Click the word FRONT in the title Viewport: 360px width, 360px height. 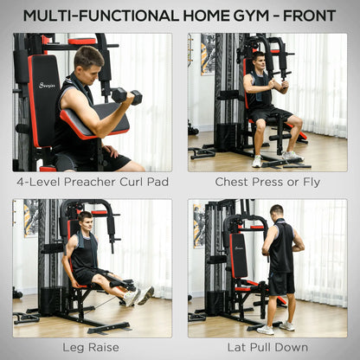pyautogui.click(x=305, y=15)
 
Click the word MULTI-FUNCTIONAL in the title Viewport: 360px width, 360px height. pyautogui.click(x=96, y=15)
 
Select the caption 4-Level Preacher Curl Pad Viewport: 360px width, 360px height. pyautogui.click(x=91, y=182)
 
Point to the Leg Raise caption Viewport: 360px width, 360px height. pyautogui.click(x=91, y=347)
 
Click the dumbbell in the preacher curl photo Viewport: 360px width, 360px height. pyautogui.click(x=126, y=95)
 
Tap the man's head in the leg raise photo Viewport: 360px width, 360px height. pyautogui.click(x=85, y=222)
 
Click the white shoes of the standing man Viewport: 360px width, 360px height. pyautogui.click(x=274, y=328)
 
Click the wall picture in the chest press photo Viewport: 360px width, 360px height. pyautogui.click(x=208, y=54)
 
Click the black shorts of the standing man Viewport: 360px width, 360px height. pyautogui.click(x=280, y=284)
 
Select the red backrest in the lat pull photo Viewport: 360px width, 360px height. pyautogui.click(x=239, y=255)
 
